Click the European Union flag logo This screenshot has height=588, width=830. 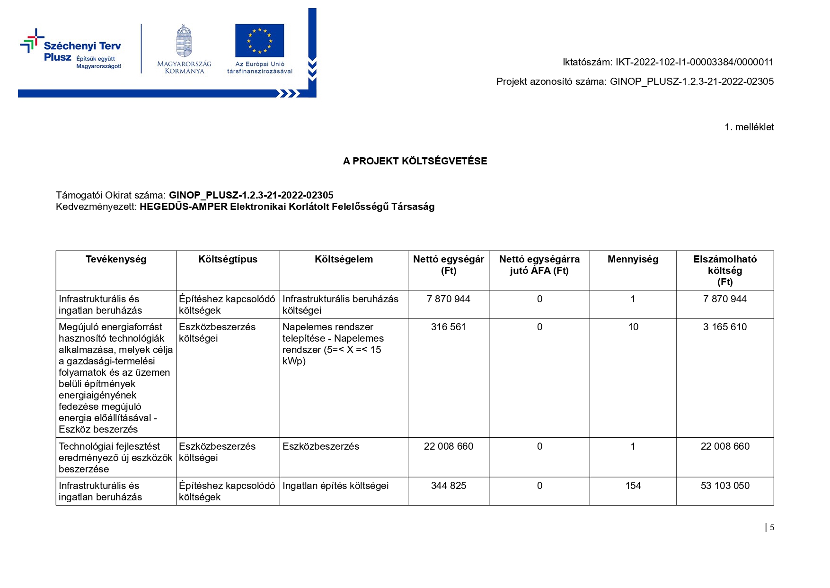tap(259, 41)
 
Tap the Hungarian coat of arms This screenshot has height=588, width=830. tap(184, 41)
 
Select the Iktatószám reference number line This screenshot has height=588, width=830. tap(668, 62)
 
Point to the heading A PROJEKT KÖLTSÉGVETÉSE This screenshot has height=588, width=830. tap(415, 161)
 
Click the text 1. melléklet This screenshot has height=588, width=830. tap(749, 127)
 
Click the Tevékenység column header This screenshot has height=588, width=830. tap(116, 259)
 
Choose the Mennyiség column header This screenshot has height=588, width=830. tap(633, 259)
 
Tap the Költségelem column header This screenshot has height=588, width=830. tap(344, 259)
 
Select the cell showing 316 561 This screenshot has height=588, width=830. tap(448, 327)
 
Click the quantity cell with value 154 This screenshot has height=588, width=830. tap(633, 486)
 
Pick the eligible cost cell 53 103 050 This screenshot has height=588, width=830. tap(725, 486)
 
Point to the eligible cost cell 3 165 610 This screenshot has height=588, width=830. tap(725, 327)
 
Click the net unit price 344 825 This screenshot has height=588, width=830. tap(448, 486)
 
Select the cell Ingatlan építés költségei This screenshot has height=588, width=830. tap(336, 486)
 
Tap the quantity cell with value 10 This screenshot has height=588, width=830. tap(633, 327)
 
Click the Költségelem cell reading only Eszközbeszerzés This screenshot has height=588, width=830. tap(321, 446)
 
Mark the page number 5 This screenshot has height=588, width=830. tap(772, 527)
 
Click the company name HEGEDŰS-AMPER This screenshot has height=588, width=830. tap(184, 207)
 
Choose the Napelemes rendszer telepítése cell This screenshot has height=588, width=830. tap(333, 344)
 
